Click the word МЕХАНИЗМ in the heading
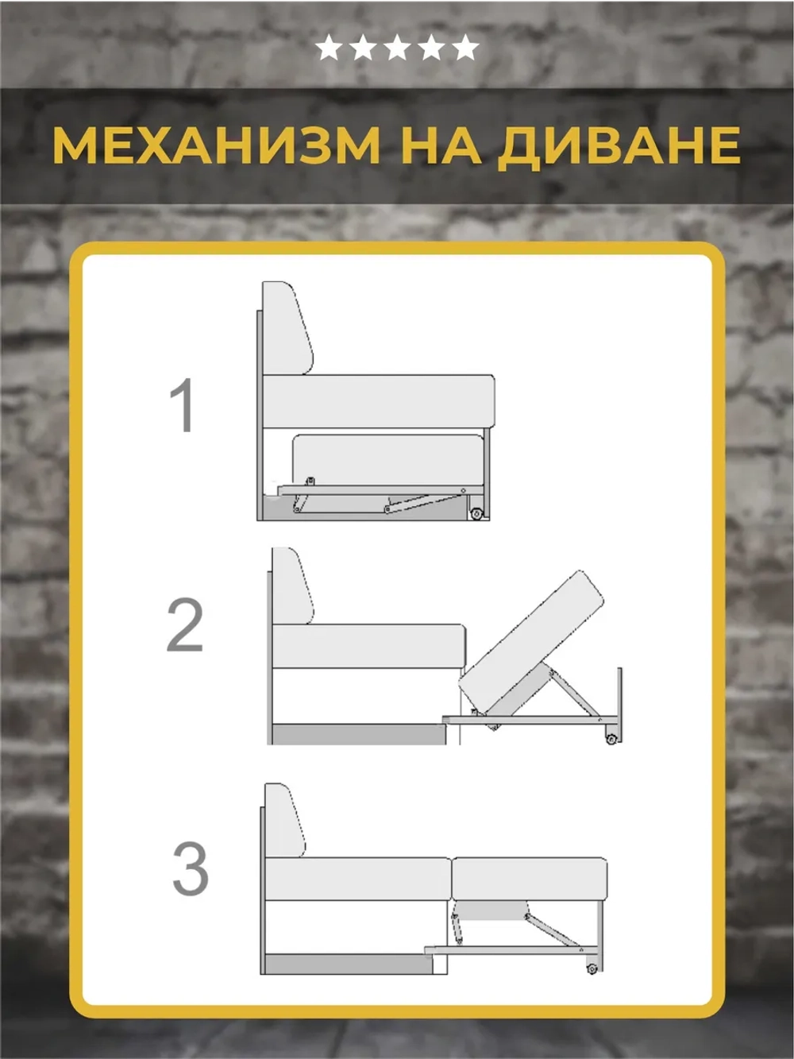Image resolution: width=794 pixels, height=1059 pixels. (216, 145)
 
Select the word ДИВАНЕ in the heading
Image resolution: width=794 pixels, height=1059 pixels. (619, 145)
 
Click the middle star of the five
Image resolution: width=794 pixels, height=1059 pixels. (397, 48)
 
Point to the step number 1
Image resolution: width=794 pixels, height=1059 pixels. (183, 405)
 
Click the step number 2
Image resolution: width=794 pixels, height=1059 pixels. (185, 626)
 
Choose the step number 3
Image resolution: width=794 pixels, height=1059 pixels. (191, 868)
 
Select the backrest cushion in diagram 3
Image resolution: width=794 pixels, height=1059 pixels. (284, 821)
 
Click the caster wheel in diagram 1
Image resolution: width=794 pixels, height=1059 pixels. (476, 513)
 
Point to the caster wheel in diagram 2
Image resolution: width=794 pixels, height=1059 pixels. (611, 739)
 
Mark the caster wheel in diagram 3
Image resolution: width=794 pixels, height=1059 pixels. (592, 968)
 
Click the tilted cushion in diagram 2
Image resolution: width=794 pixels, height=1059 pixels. (530, 644)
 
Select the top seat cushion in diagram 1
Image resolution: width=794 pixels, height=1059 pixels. (378, 402)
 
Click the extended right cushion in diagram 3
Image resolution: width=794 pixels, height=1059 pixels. (529, 879)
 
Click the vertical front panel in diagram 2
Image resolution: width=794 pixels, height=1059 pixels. (619, 703)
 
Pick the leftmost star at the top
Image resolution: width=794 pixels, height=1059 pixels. (328, 48)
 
